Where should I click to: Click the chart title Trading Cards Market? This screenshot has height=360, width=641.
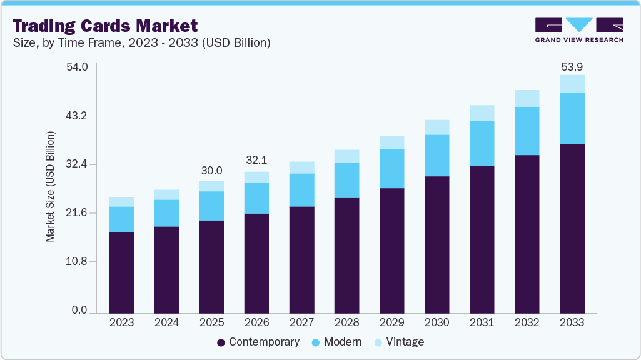[105, 26]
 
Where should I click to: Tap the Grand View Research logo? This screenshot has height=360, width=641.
[579, 29]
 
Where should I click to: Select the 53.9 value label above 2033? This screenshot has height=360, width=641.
[572, 66]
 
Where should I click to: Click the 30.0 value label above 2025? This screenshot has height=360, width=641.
[211, 171]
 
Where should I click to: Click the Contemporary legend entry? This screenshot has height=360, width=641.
[258, 342]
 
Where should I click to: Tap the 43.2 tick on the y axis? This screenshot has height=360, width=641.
[79, 116]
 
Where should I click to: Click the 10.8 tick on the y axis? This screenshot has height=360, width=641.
[79, 261]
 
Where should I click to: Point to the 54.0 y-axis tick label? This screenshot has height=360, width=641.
[79, 66]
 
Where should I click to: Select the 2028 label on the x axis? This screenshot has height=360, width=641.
[346, 323]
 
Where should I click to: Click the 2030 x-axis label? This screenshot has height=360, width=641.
[437, 323]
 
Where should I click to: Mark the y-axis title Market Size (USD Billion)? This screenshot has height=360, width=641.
[50, 187]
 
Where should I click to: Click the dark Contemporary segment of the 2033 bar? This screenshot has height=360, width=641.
[572, 228]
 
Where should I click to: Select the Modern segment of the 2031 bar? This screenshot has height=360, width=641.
[482, 143]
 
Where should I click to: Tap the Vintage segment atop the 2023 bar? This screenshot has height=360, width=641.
[121, 202]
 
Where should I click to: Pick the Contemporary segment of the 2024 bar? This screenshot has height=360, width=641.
[166, 269]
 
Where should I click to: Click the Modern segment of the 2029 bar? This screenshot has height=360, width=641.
[391, 169]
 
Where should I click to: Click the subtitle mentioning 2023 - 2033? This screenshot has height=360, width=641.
[141, 43]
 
